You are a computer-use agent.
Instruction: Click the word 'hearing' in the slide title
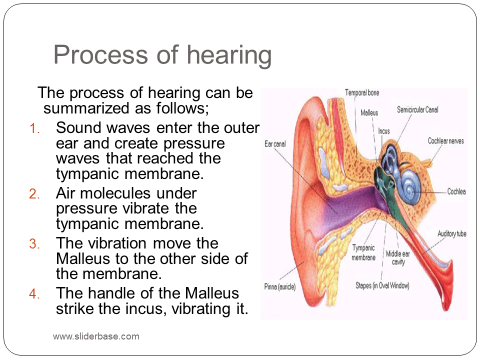pyautogui.click(x=229, y=56)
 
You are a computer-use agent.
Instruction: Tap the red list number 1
pyautogui.click(x=34, y=128)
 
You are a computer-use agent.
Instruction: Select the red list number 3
pyautogui.click(x=34, y=244)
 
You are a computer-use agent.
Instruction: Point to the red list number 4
pyautogui.click(x=34, y=294)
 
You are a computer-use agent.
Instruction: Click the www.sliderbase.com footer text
pyautogui.click(x=96, y=336)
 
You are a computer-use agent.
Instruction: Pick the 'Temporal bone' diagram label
pyautogui.click(x=362, y=93)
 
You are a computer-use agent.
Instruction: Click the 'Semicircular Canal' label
pyautogui.click(x=417, y=109)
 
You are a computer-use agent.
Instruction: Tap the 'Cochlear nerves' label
pyautogui.click(x=445, y=141)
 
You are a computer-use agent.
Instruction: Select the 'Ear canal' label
pyautogui.click(x=275, y=144)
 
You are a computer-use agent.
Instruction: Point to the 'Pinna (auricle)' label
pyautogui.click(x=280, y=287)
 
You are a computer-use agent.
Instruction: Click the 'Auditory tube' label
pyautogui.click(x=452, y=234)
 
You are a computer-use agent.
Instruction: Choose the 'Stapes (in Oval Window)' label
pyautogui.click(x=382, y=285)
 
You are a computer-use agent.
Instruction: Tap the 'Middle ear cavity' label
pyautogui.click(x=398, y=258)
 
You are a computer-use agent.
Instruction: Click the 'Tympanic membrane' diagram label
pyautogui.click(x=363, y=252)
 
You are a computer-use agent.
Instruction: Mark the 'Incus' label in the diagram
pyautogui.click(x=384, y=131)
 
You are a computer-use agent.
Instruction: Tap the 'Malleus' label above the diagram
pyautogui.click(x=369, y=113)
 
